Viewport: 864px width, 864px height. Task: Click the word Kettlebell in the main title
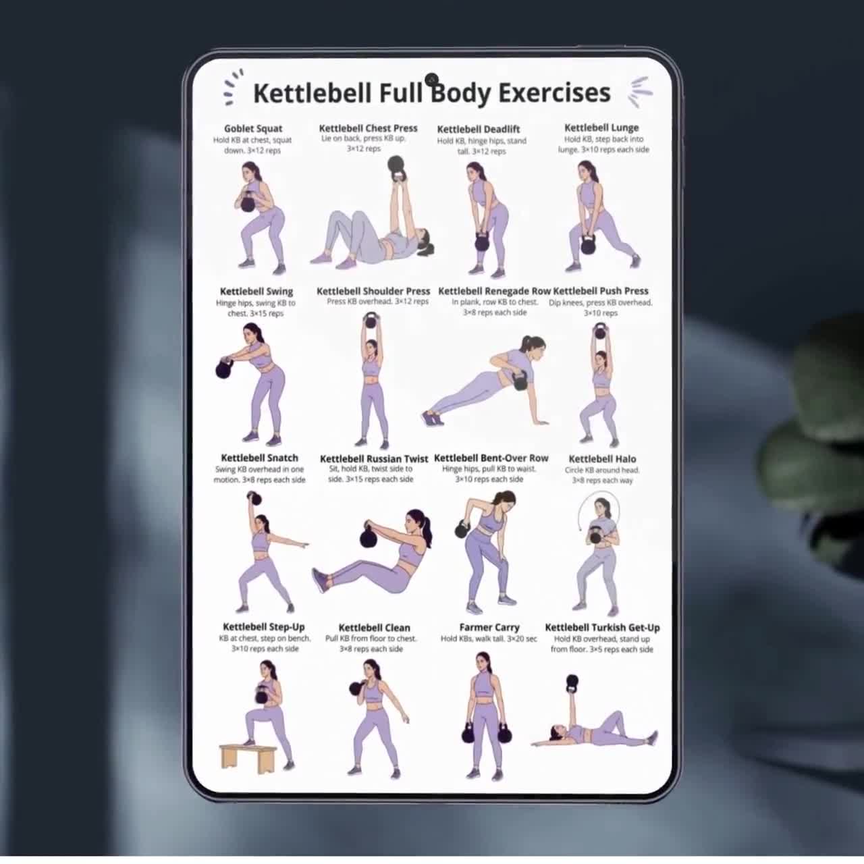[x=313, y=93]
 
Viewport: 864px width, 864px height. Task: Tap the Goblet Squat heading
[x=253, y=129]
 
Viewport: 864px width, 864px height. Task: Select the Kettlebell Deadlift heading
[x=479, y=130]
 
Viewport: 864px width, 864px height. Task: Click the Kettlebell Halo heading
[x=602, y=459]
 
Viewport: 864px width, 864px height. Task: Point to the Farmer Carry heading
[x=489, y=628]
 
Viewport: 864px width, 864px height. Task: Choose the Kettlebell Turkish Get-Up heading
[x=602, y=628]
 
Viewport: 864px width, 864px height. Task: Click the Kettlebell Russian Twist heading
[x=374, y=459]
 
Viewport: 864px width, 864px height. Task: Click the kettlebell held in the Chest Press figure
[x=396, y=168]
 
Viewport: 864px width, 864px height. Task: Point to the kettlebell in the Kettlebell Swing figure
[x=225, y=369]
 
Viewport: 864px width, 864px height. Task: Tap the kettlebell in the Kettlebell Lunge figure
[x=589, y=245]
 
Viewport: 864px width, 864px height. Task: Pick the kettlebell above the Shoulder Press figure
[x=371, y=321]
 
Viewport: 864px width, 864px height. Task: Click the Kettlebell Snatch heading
[x=260, y=458]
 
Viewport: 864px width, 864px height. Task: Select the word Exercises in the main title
[x=555, y=93]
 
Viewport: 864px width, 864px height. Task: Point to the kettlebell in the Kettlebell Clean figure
[x=356, y=688]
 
